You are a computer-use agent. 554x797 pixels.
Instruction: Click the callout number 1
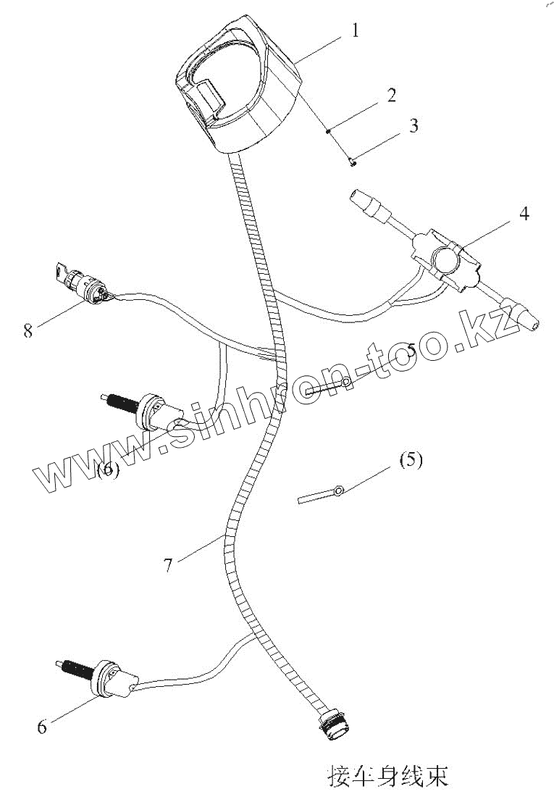[355, 30]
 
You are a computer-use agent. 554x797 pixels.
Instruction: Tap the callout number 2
[391, 95]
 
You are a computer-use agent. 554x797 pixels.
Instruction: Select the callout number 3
[413, 125]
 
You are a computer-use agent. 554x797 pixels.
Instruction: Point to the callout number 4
[524, 214]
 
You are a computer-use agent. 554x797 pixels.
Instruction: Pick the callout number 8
[28, 331]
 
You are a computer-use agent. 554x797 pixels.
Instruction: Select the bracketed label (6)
[107, 469]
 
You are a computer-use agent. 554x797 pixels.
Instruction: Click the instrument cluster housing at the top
[235, 91]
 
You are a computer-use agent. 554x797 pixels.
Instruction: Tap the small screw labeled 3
[352, 163]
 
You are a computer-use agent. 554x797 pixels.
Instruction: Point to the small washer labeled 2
[329, 131]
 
